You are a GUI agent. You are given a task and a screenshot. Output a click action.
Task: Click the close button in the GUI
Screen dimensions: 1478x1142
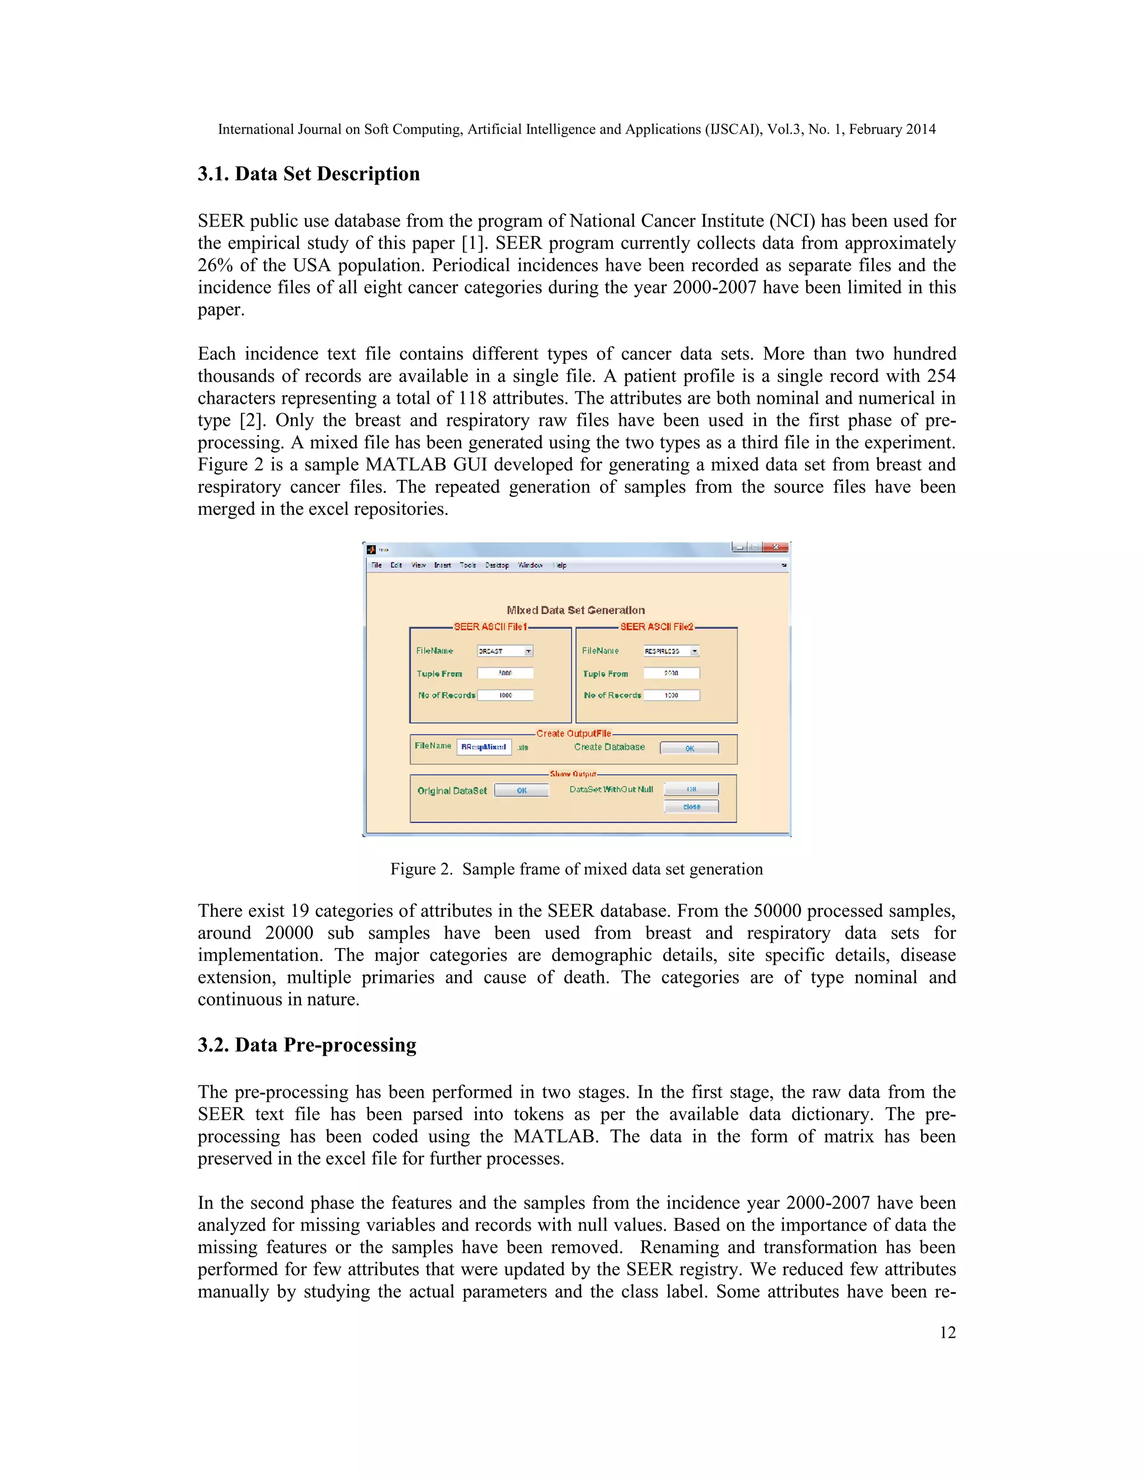point(691,806)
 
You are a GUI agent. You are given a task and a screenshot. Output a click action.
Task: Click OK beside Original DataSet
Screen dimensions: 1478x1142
point(521,790)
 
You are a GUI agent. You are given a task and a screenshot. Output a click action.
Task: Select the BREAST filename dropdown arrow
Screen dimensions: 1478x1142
point(529,651)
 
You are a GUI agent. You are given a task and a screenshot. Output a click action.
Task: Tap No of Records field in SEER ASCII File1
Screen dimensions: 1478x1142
point(505,695)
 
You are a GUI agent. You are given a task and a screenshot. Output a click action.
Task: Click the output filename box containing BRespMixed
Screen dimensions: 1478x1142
point(483,747)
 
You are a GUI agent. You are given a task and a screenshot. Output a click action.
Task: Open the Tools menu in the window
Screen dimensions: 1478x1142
point(467,565)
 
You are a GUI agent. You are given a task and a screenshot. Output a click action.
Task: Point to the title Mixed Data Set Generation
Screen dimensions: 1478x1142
point(575,610)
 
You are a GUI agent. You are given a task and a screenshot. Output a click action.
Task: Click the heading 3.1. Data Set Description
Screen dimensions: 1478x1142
point(308,174)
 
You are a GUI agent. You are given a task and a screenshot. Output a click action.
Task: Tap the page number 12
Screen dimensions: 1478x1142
point(947,1332)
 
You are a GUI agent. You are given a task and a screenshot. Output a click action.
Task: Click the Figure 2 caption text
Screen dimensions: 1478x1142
point(577,869)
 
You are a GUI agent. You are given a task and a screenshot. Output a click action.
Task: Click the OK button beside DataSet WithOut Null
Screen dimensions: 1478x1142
point(691,789)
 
